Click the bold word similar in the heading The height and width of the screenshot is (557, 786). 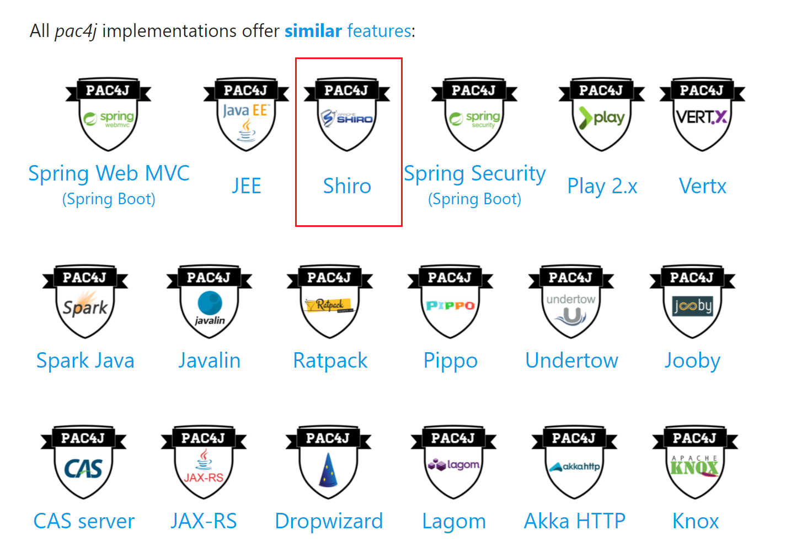[313, 31]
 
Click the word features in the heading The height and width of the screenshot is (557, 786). [379, 31]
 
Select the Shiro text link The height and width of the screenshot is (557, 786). [347, 186]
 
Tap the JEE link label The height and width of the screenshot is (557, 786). [246, 186]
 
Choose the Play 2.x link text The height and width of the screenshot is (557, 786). [602, 186]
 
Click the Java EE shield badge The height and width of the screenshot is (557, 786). [246, 115]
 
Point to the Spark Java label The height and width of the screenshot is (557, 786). [85, 360]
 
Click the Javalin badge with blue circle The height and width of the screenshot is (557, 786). [210, 302]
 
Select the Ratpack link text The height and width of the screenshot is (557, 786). [330, 360]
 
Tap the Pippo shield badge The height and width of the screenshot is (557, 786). [450, 302]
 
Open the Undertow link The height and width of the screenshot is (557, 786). [572, 360]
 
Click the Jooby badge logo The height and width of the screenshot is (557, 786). [692, 302]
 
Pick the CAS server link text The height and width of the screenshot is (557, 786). [84, 521]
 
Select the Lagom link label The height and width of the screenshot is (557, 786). [454, 521]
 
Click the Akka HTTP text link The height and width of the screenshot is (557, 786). [575, 521]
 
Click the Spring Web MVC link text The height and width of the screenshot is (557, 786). [109, 173]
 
